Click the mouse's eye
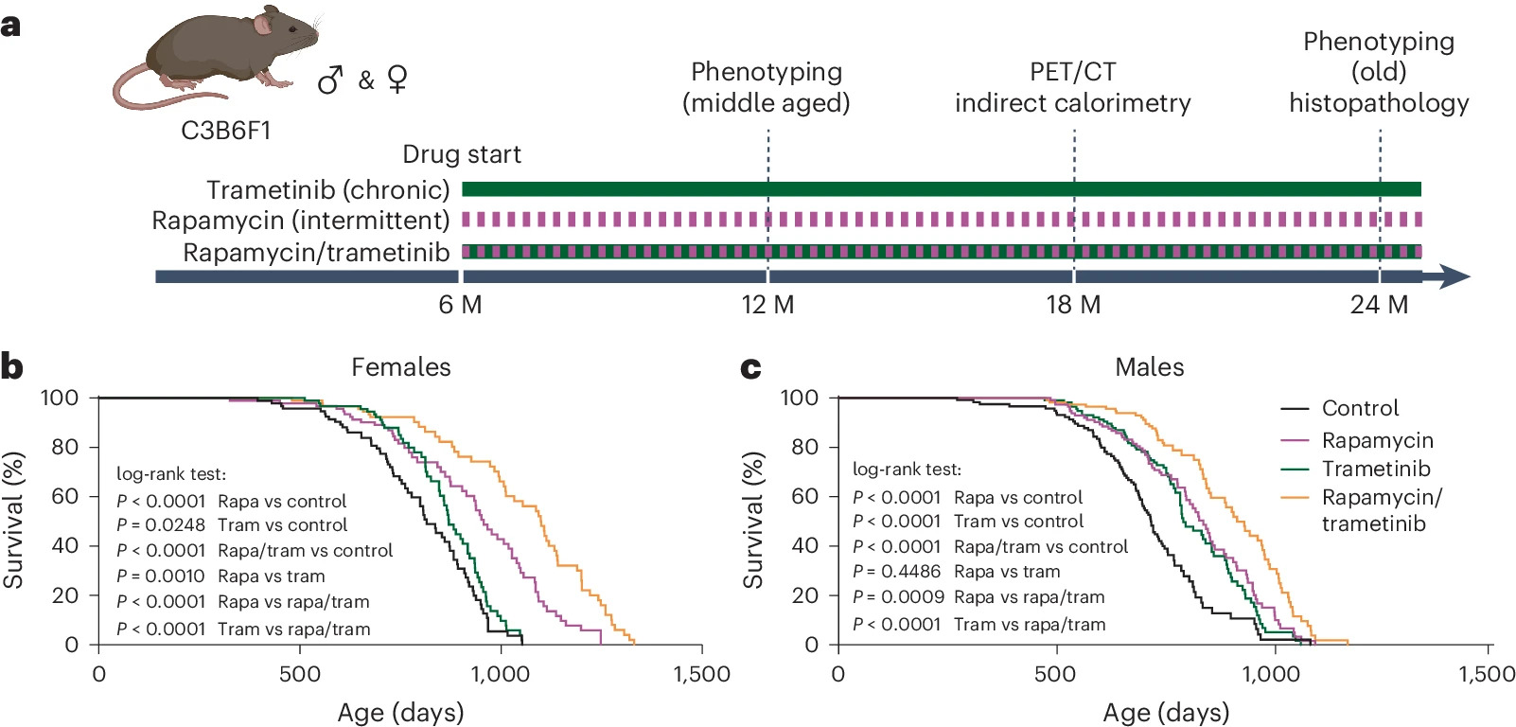[x=292, y=28]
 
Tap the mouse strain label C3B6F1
[x=226, y=131]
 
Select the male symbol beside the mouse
[x=331, y=80]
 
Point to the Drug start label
[x=462, y=154]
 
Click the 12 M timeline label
[x=767, y=305]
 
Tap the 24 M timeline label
[x=1379, y=305]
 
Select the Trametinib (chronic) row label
[x=328, y=190]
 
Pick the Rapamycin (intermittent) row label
[x=301, y=221]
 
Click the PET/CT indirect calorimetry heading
[x=1073, y=87]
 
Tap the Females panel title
[x=400, y=367]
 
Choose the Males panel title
[x=1149, y=367]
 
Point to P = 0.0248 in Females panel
[x=160, y=524]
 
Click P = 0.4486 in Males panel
[x=897, y=572]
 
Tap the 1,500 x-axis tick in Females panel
[x=702, y=674]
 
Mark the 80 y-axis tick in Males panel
[x=804, y=447]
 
